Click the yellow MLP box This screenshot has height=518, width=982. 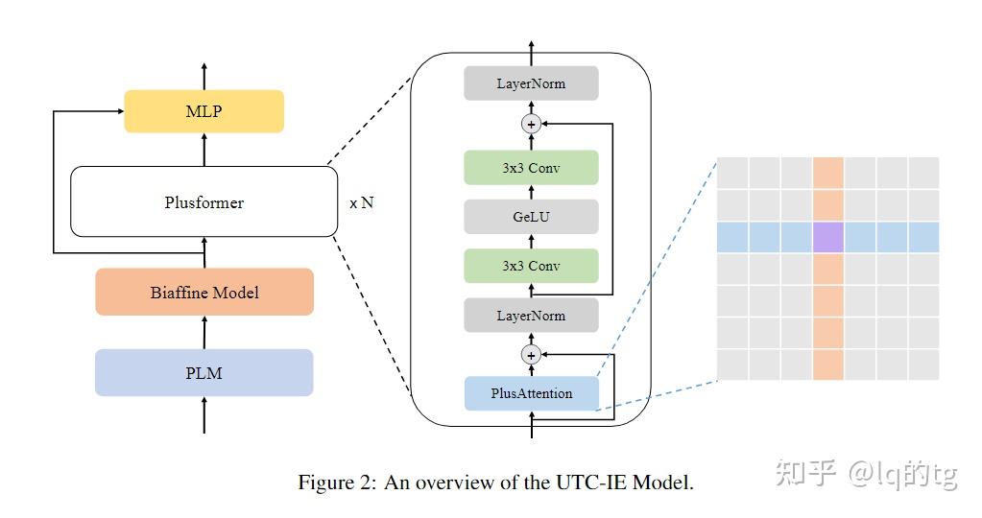(x=204, y=111)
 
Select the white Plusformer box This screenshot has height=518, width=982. (x=204, y=202)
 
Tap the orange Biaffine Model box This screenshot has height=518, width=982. (x=204, y=292)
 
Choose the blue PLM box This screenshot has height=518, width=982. (x=204, y=372)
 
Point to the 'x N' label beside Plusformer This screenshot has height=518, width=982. (x=361, y=203)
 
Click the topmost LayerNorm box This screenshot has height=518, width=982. (x=531, y=83)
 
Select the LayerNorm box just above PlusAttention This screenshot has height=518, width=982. (x=531, y=315)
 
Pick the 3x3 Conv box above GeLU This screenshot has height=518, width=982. (x=531, y=168)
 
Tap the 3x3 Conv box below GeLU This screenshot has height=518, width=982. (x=531, y=266)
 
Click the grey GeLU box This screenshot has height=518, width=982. (x=531, y=217)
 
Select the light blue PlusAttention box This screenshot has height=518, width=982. (x=531, y=393)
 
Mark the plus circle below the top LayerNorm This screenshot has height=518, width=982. (x=531, y=124)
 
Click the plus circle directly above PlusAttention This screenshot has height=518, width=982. (x=531, y=355)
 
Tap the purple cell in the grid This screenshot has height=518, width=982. (x=827, y=237)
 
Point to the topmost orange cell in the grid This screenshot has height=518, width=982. (x=827, y=174)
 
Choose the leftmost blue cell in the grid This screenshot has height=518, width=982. (x=732, y=237)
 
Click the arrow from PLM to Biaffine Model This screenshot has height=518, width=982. (x=204, y=332)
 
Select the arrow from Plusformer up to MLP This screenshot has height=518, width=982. (x=204, y=149)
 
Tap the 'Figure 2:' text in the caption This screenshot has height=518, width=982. (x=338, y=483)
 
